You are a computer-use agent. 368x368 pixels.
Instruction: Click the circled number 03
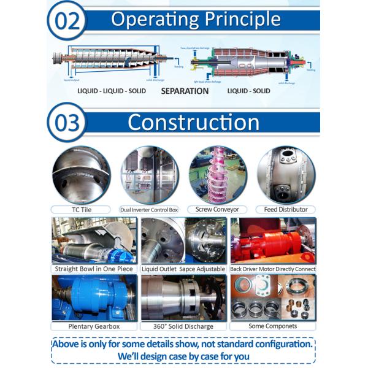coord(67,122)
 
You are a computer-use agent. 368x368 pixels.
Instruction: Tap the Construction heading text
coord(193,122)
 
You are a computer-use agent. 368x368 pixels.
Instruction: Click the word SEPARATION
coord(185,91)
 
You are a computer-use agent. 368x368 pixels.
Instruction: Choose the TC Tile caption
coord(82,209)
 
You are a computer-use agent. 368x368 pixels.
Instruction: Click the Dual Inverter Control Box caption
coord(150,209)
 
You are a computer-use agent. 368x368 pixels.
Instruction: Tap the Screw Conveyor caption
coord(217,209)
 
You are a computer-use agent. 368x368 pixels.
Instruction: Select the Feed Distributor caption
coord(285,209)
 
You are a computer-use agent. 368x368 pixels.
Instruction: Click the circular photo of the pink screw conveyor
coord(217,174)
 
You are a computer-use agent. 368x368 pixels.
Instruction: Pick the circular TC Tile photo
coord(82,174)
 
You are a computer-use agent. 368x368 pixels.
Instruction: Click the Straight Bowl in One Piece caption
coord(92,269)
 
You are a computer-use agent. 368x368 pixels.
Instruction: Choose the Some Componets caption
coord(273,326)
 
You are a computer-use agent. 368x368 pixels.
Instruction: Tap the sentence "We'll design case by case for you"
coord(183,355)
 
